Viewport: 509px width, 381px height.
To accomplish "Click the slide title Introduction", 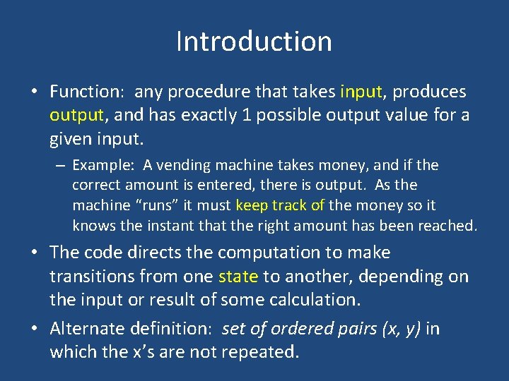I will [254, 42].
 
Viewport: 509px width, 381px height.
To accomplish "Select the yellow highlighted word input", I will [361, 92].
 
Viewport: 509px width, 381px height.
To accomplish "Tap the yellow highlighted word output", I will [76, 114].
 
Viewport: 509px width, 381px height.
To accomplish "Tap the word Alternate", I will [84, 329].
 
